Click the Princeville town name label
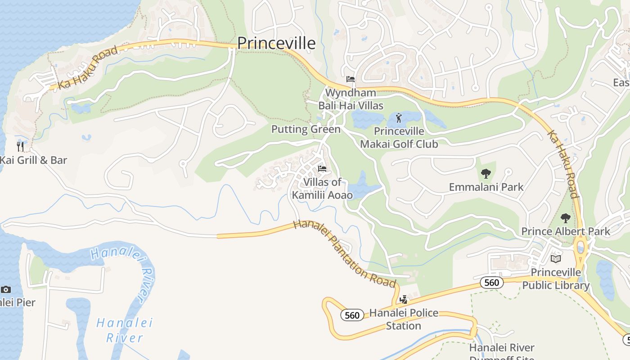pos(276,43)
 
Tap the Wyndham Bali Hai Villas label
pos(351,99)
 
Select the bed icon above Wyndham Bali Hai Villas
pos(351,80)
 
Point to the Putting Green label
pos(306,130)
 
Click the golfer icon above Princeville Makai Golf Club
pos(399,118)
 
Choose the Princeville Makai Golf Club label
pos(399,138)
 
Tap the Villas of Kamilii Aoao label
pos(322,189)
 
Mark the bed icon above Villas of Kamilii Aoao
pos(322,169)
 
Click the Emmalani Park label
pos(486,187)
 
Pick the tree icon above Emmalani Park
pos(486,173)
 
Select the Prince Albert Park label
pos(565,231)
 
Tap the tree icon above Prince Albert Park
pos(566,218)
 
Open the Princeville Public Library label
pos(556,279)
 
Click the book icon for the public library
pos(556,259)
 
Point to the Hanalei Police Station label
pos(404,319)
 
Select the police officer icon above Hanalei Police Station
pos(404,299)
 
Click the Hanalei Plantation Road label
pos(344,254)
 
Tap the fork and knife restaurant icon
pos(20,146)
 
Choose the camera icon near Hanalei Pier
pos(6,289)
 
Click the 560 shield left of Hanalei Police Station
pos(352,315)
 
